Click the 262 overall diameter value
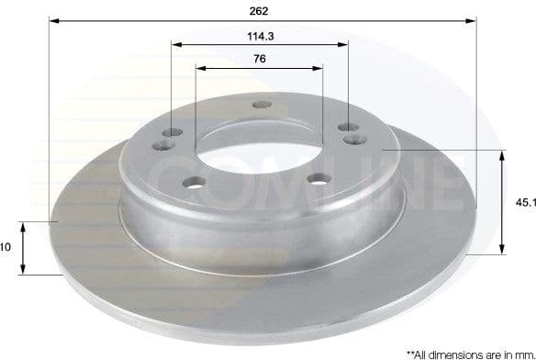(x=260, y=10)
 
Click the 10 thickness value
(x=5, y=247)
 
